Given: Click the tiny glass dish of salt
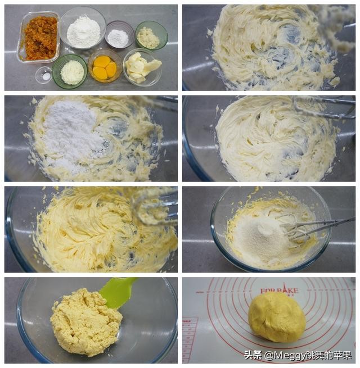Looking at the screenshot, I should pyautogui.click(x=44, y=75).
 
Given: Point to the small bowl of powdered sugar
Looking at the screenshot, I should pyautogui.click(x=119, y=37).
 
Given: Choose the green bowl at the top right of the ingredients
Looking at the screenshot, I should pyautogui.click(x=150, y=36).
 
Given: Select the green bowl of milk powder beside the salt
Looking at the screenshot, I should pyautogui.click(x=71, y=72).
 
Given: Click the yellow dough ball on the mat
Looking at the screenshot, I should pyautogui.click(x=277, y=317).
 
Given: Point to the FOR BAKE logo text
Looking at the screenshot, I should pyautogui.click(x=279, y=290).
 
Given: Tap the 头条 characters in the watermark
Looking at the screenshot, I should pyautogui.click(x=253, y=355).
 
